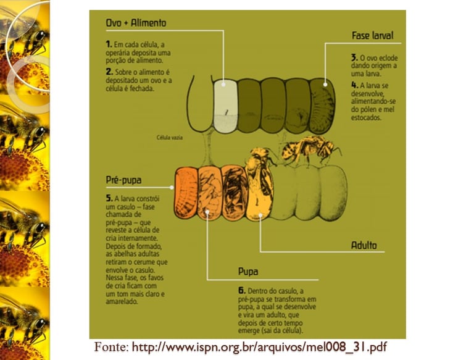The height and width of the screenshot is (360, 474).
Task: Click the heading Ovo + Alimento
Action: [x=136, y=23]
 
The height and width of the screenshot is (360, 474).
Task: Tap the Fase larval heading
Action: [x=372, y=36]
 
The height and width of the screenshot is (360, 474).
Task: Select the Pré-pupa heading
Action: [x=123, y=180]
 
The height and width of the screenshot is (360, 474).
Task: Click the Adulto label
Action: [x=364, y=245]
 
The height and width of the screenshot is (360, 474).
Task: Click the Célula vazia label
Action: [x=168, y=138]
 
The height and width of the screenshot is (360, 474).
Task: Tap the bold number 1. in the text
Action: [x=108, y=44]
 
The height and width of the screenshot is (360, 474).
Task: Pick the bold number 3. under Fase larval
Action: [x=353, y=56]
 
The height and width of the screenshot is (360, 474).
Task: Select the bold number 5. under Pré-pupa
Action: [x=108, y=199]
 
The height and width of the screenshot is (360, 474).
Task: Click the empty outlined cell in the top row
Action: [x=199, y=105]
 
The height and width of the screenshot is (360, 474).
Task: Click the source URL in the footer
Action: [x=259, y=348]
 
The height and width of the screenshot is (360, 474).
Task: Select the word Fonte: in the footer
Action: [x=112, y=348]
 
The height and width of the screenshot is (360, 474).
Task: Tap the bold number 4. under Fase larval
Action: [x=354, y=84]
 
